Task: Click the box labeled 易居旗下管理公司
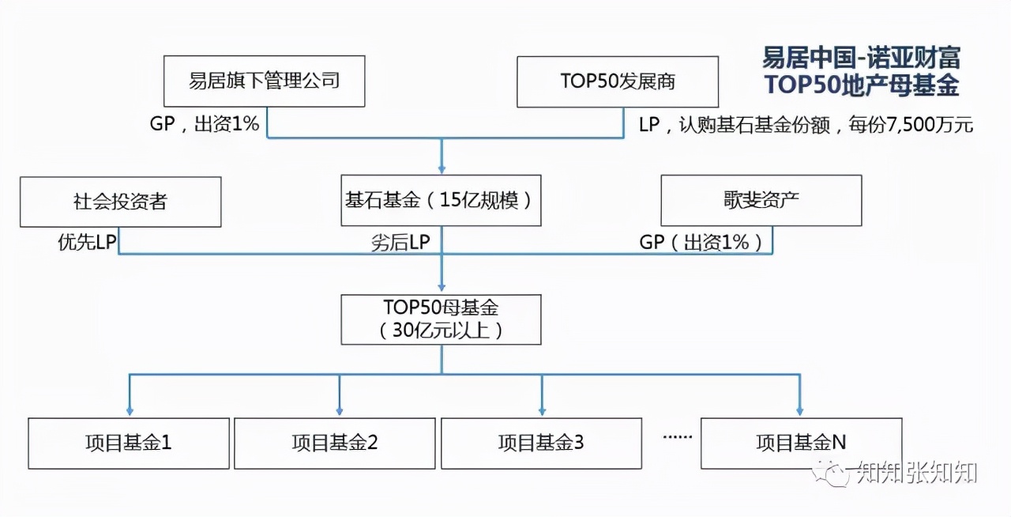click(264, 81)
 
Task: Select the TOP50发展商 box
click(617, 81)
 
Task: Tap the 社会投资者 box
click(120, 202)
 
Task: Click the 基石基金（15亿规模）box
click(441, 200)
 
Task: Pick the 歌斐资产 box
click(761, 200)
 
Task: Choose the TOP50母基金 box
click(441, 319)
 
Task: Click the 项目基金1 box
click(129, 443)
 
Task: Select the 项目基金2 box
click(335, 443)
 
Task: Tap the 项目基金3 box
click(541, 443)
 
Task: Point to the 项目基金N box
click(801, 443)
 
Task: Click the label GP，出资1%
click(205, 124)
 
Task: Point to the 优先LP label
click(87, 243)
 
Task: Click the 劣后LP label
click(400, 243)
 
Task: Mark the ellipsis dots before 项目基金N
click(676, 436)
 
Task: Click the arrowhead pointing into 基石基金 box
click(442, 169)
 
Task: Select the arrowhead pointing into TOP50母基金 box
click(442, 289)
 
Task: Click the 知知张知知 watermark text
click(917, 474)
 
